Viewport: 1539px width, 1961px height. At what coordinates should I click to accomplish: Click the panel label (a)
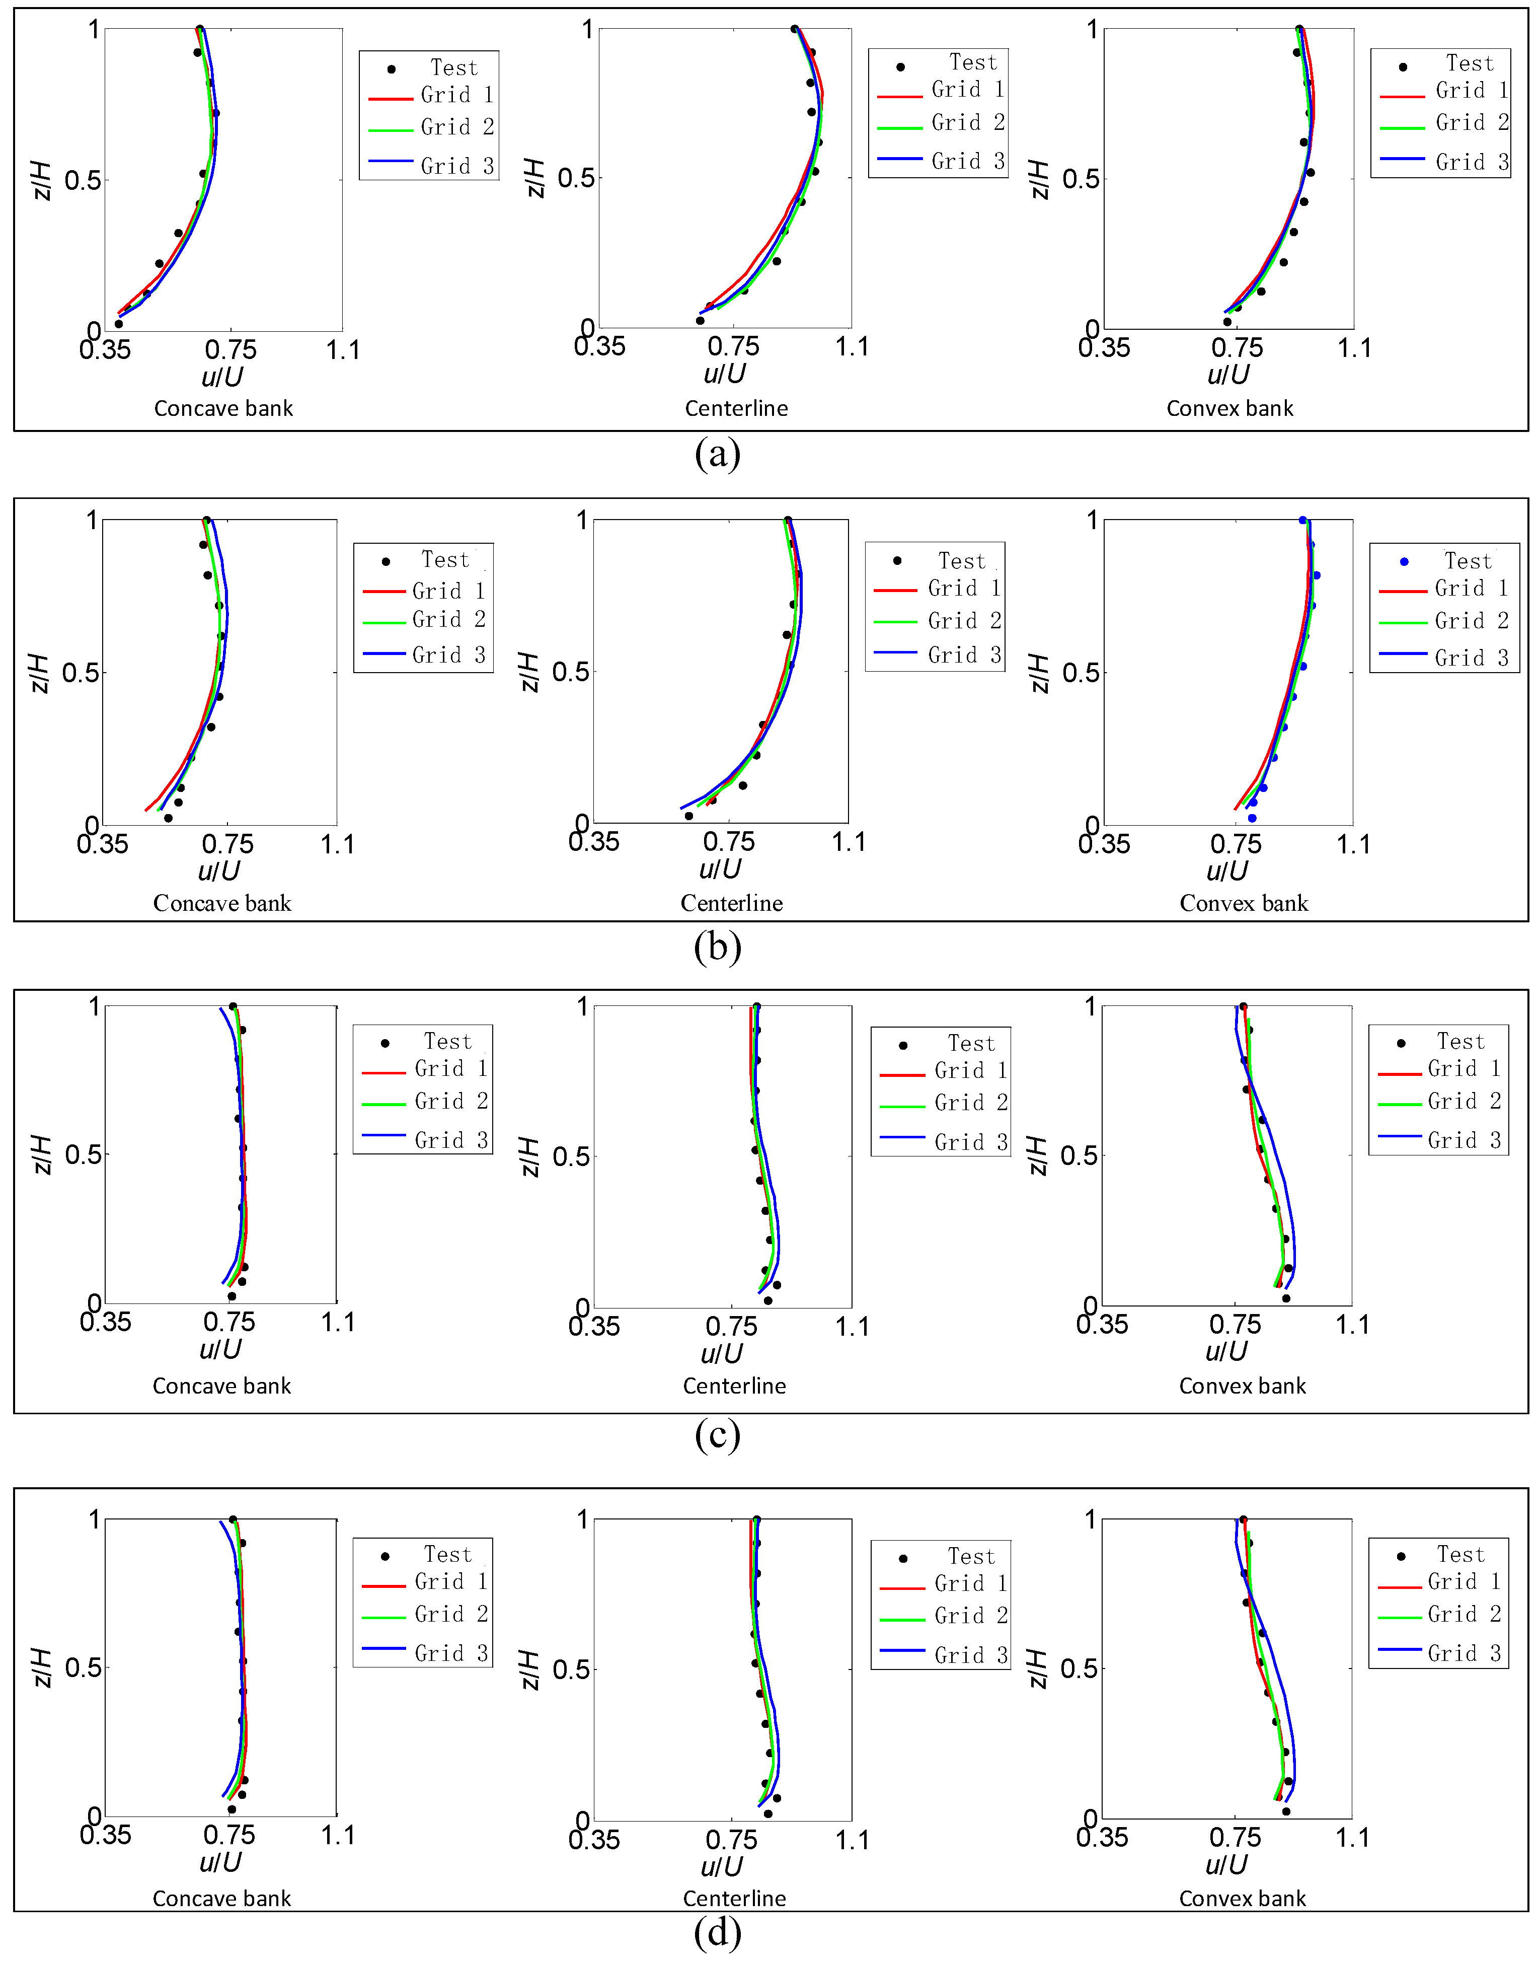pos(717,453)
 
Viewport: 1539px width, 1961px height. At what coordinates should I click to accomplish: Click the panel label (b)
pos(717,946)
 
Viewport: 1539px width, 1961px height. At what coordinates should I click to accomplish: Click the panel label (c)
pos(717,1435)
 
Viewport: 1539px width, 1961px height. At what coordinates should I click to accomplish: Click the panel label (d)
pos(717,1931)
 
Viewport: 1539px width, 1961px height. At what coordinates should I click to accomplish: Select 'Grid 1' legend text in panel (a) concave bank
pos(457,95)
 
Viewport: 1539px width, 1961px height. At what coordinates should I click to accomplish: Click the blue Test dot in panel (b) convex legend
pos(1404,561)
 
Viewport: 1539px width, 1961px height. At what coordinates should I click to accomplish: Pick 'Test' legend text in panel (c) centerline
pos(970,1044)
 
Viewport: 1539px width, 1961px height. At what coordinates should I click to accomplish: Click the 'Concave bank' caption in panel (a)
pos(223,408)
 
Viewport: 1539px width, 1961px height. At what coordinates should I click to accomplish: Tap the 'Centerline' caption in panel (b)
pos(732,903)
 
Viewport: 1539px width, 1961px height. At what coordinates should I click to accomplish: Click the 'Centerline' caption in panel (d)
pos(734,1899)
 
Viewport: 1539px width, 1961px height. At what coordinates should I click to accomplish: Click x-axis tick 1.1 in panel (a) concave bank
pos(342,350)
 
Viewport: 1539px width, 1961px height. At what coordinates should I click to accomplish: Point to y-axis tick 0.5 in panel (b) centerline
pos(570,672)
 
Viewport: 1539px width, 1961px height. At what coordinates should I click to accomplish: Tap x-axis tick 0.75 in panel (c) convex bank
pos(1236,1324)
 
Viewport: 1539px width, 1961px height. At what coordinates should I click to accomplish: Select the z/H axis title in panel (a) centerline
pos(534,178)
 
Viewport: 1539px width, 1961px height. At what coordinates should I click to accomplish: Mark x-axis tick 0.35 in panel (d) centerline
pos(594,1839)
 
